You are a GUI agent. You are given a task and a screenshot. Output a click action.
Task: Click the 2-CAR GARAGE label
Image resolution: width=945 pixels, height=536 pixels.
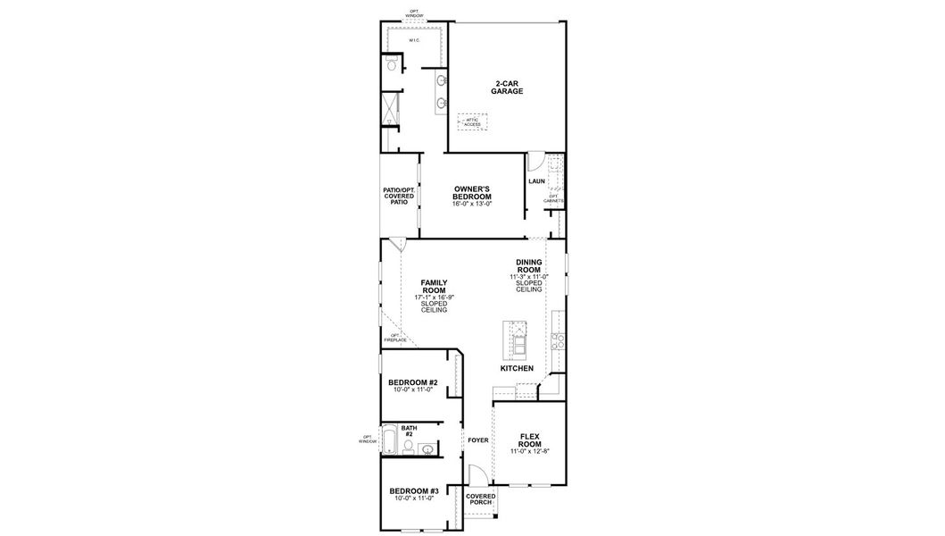(507, 87)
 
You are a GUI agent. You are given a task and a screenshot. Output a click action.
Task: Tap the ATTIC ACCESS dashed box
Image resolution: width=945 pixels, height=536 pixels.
(473, 121)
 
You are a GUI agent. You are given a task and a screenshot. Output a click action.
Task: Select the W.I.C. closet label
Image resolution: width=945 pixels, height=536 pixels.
(414, 41)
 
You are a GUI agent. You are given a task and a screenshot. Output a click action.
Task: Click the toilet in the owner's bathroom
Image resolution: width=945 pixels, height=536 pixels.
(392, 63)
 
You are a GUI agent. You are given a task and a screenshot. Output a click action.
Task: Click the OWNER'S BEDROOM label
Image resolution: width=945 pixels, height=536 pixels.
(472, 192)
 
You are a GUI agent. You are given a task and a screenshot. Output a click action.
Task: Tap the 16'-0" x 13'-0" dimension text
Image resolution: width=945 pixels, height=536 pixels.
(472, 205)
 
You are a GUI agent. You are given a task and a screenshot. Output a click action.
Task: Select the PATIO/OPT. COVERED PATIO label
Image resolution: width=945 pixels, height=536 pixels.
(399, 196)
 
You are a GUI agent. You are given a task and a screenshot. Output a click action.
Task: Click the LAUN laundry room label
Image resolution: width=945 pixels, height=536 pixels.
(536, 181)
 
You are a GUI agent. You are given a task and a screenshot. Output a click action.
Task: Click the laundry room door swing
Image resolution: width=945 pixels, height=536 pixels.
(534, 162)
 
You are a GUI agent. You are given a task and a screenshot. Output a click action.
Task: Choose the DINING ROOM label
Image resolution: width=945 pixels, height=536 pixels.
(528, 265)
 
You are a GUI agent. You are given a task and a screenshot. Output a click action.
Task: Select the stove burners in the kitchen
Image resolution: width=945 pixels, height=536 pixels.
(558, 339)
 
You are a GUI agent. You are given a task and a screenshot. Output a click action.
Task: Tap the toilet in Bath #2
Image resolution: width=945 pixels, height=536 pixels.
(408, 447)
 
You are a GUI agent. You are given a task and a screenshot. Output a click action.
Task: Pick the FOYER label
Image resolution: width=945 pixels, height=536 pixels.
(478, 440)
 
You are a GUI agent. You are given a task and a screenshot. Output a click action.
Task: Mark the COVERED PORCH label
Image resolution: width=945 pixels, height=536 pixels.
(480, 498)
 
